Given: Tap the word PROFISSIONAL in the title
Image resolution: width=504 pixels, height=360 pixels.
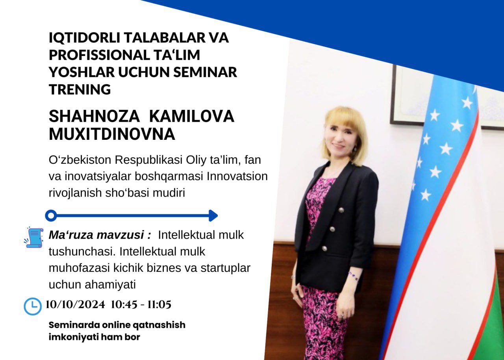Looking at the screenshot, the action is point(99,55).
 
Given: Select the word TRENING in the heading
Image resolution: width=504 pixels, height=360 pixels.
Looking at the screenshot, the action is point(80,89).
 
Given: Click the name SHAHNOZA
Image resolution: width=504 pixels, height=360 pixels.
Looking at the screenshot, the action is point(94,117).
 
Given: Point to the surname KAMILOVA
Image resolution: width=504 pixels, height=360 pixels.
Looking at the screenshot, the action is point(192,117).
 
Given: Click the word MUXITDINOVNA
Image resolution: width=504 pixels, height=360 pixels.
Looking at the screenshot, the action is point(112,134).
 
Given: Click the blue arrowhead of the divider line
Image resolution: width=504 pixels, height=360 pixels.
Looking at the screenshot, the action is point(213,215).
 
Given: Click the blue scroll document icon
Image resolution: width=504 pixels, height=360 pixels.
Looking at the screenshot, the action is point(34,238).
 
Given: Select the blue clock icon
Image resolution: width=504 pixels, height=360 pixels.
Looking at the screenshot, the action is point(33,306).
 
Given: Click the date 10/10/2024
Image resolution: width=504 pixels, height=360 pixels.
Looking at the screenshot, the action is point(75,304).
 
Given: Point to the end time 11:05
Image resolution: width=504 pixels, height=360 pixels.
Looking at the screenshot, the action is point(159,304).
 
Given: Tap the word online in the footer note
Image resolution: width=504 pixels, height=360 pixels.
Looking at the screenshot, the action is point(116,325).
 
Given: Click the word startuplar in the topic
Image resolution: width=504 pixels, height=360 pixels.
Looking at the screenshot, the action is point(226,268).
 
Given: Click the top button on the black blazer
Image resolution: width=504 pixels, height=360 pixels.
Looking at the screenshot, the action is point(341,210).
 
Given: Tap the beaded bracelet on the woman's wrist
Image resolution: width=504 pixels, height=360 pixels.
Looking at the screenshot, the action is point(354,276).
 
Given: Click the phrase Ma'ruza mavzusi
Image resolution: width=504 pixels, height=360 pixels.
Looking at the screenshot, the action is point(100,235).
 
